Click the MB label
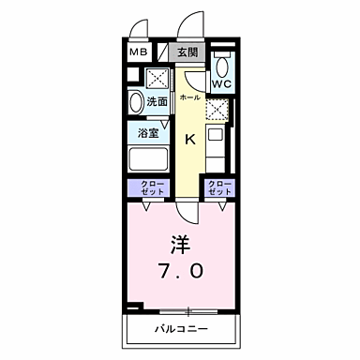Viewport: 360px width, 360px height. tap(137, 52)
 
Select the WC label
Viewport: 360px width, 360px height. tap(221, 84)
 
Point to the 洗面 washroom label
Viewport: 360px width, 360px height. tap(157, 101)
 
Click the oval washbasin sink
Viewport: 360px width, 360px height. tap(135, 101)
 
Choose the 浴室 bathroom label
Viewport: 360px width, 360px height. tap(147, 132)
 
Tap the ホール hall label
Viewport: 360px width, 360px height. tap(187, 97)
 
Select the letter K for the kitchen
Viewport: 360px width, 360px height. tap(188, 141)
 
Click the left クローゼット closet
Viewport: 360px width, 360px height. tap(150, 187)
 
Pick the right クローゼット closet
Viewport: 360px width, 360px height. tap(218, 187)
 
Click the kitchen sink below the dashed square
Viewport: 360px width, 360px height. tap(217, 145)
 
